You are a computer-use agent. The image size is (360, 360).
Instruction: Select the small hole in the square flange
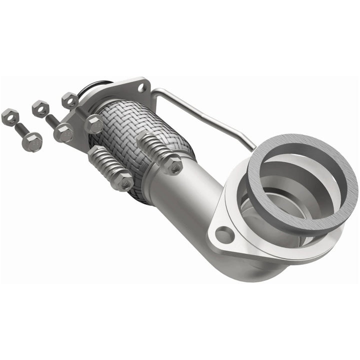pos(141,88)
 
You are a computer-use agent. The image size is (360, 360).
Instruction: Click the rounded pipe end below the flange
pos(260,270)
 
